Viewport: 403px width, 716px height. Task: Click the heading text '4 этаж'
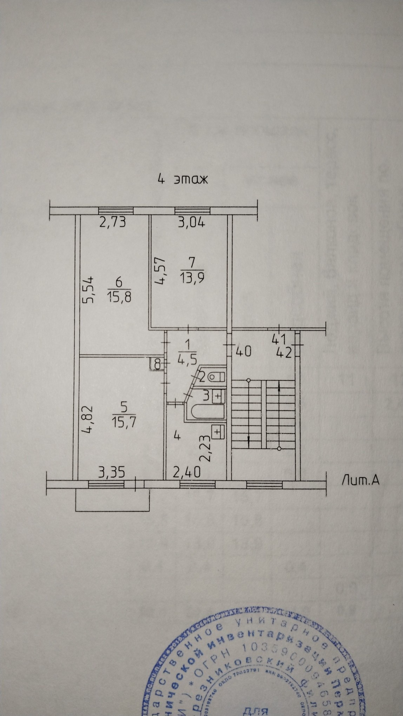pos(183,179)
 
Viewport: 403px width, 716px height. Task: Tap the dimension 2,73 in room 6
pos(112,223)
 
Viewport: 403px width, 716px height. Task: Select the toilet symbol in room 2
pos(216,377)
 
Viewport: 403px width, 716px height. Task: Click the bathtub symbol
pos(206,412)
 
